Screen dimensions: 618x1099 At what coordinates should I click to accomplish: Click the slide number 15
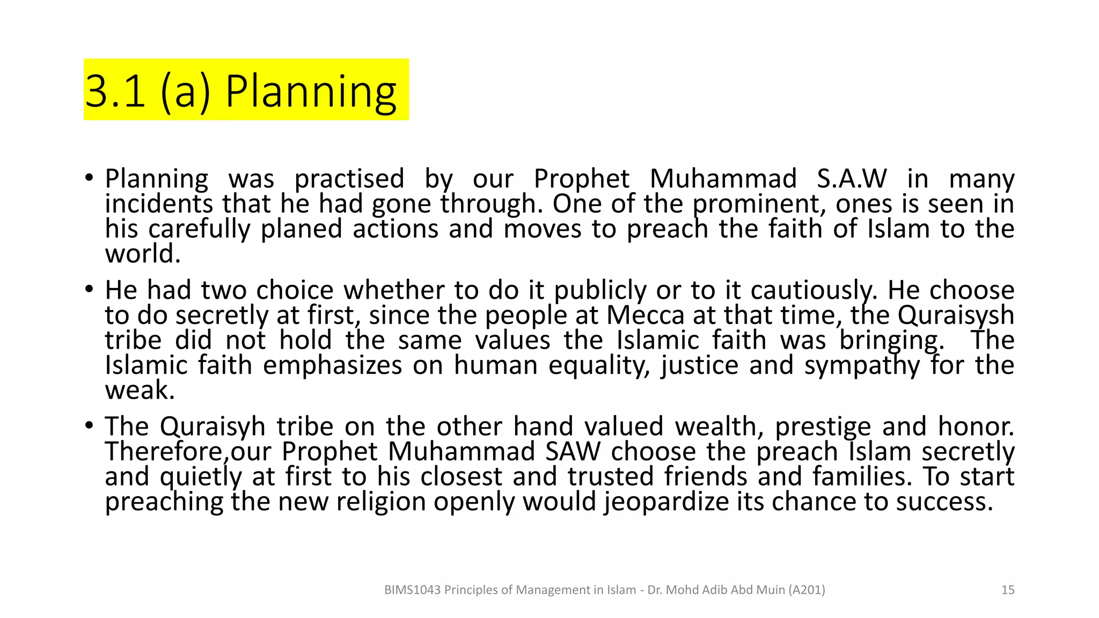(1008, 590)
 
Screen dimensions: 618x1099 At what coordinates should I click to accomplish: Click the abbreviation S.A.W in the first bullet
(852, 179)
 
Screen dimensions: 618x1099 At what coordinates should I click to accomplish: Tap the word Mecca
(645, 315)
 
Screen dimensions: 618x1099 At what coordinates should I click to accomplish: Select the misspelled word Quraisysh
(956, 315)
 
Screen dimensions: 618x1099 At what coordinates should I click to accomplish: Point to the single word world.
(142, 254)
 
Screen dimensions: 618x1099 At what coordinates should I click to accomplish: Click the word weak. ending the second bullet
(140, 391)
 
